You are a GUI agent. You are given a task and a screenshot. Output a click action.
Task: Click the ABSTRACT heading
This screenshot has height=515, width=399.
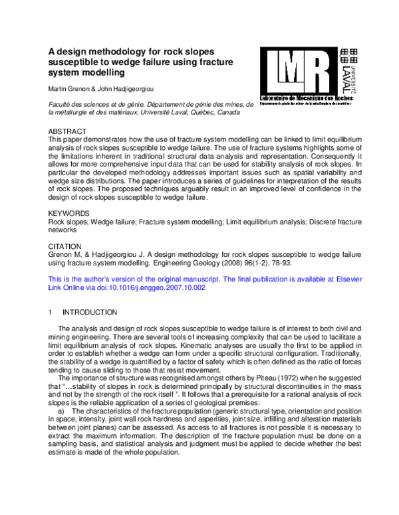(68, 132)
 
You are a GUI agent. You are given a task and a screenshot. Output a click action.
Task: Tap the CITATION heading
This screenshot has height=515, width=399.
(67, 245)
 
